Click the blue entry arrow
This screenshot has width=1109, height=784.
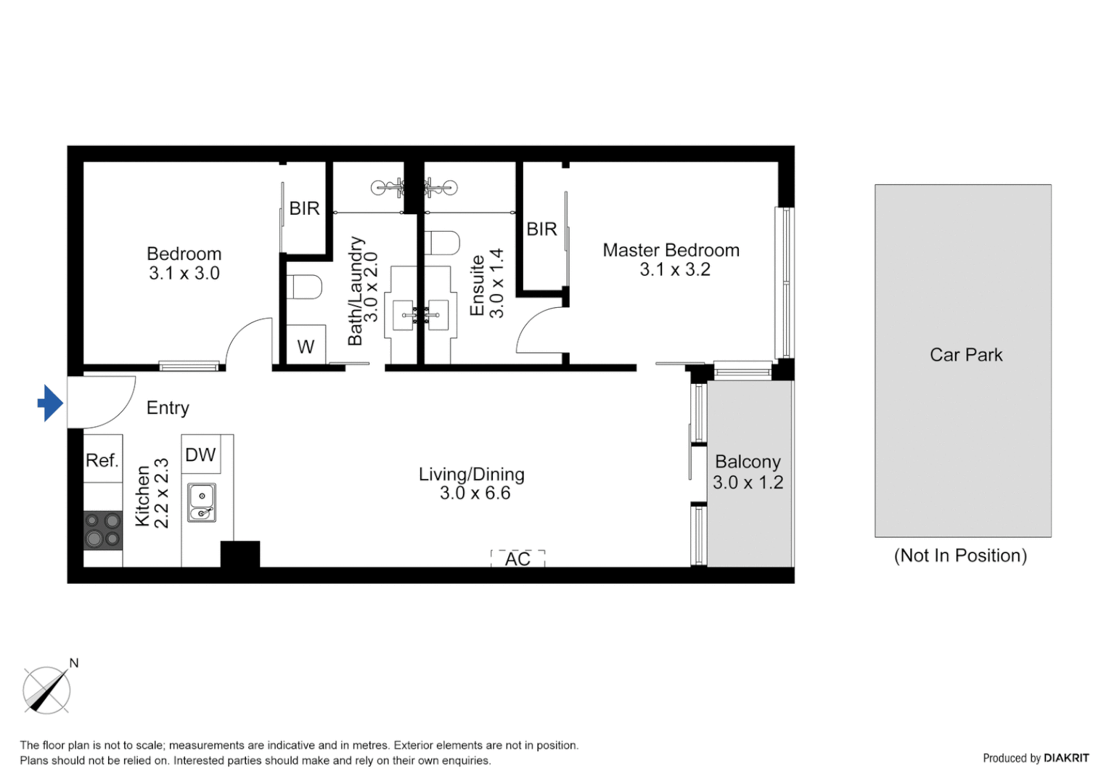(50, 403)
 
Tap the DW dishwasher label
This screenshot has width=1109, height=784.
(200, 455)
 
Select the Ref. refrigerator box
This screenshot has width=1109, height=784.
(102, 460)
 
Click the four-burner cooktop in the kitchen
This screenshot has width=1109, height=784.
(103, 530)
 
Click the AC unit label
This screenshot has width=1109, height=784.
(517, 559)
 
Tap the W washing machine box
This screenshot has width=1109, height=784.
(306, 347)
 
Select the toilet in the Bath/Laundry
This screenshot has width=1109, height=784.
(304, 287)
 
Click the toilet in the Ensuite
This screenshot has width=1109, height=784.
(442, 242)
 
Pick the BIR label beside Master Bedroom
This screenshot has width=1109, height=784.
(541, 229)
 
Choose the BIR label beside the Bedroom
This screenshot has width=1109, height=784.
(304, 208)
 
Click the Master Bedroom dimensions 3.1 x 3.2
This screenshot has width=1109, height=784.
(674, 270)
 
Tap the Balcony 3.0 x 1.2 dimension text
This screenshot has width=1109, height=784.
(748, 483)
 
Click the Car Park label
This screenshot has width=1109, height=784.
(966, 355)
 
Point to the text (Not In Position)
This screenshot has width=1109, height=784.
(960, 556)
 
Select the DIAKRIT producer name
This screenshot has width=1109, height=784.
(1066, 758)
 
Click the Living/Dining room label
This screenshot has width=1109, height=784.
(471, 474)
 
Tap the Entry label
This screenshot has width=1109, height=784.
(168, 408)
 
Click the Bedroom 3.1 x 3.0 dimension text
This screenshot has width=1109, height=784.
(184, 274)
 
